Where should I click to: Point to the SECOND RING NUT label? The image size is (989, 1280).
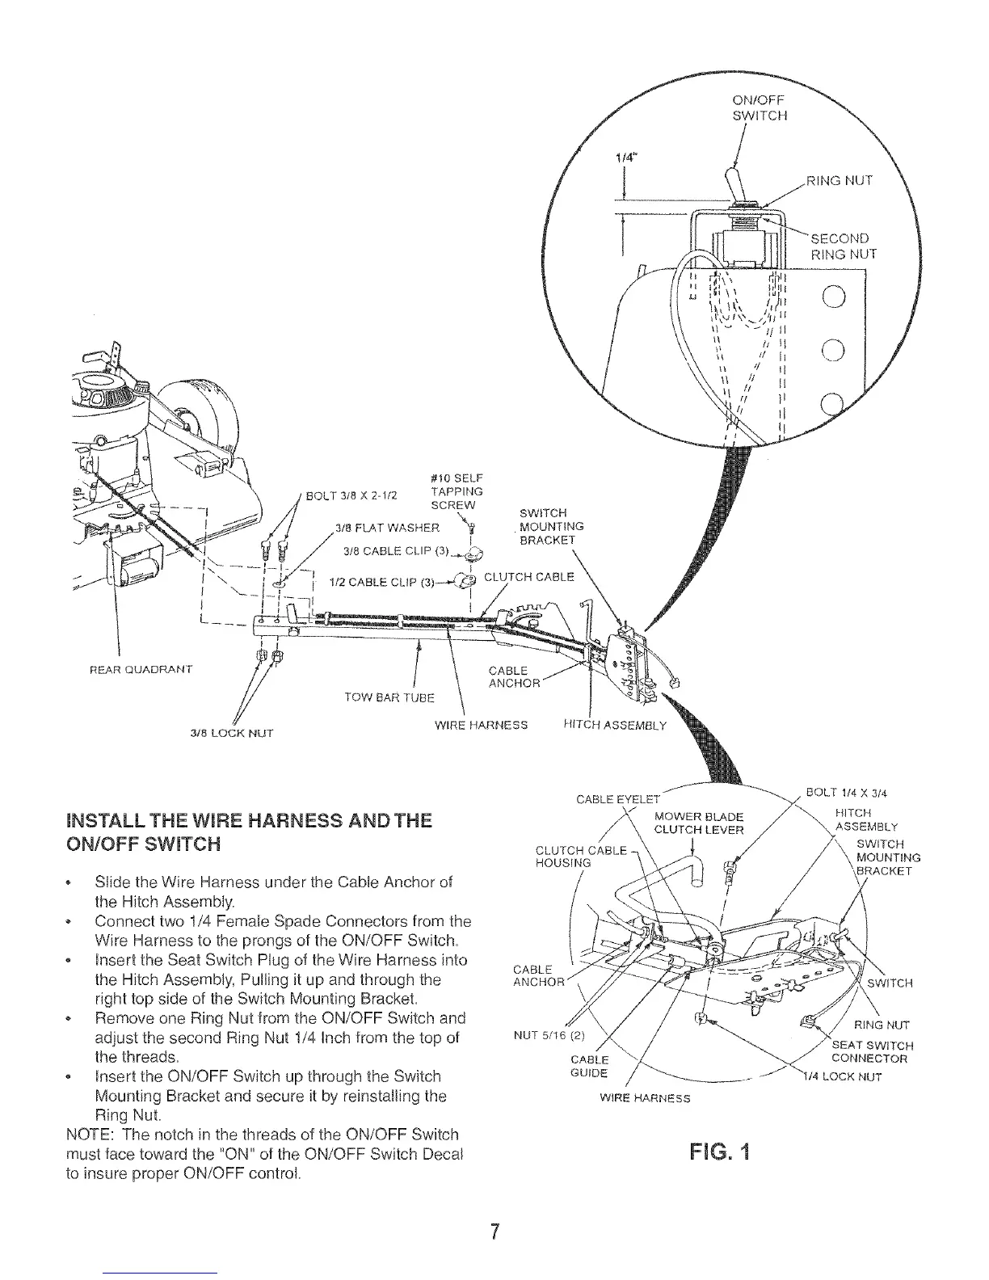click(x=843, y=246)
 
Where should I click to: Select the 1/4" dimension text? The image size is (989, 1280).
click(x=623, y=160)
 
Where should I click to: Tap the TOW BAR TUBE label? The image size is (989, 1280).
click(x=389, y=697)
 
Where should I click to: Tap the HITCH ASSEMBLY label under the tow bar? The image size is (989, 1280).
click(x=614, y=725)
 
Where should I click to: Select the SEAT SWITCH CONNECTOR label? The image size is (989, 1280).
click(x=872, y=1051)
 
